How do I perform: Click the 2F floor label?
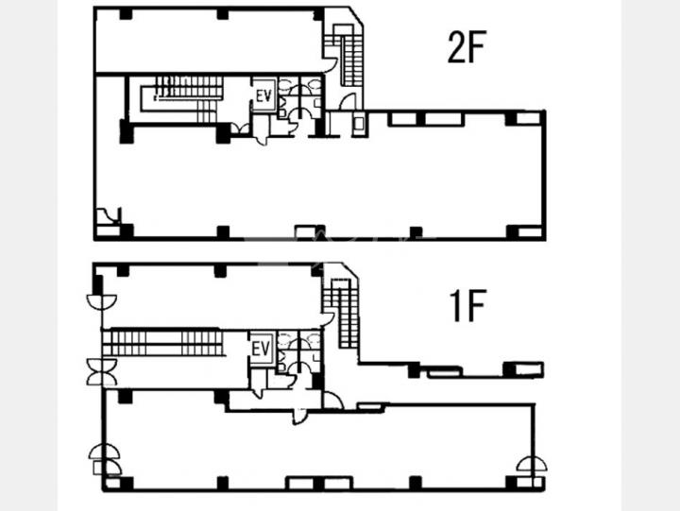467,47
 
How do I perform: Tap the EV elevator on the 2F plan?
264,95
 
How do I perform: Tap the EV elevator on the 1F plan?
261,349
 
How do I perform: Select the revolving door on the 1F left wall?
102,372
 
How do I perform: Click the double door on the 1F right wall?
531,464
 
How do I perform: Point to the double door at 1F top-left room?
101,301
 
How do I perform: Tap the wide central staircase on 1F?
163,344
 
